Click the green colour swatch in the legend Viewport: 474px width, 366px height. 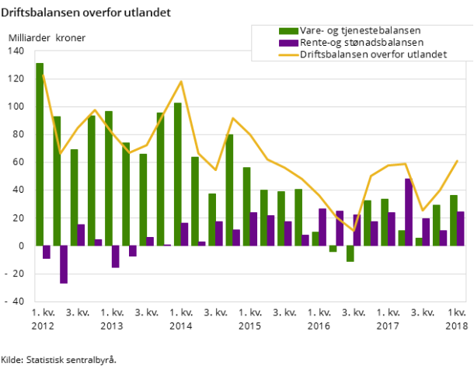click(x=288, y=31)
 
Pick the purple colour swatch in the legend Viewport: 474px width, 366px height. click(x=288, y=43)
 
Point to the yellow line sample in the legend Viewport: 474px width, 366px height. click(x=288, y=55)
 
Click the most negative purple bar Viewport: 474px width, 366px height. click(x=64, y=264)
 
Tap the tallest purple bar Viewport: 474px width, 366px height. click(x=408, y=212)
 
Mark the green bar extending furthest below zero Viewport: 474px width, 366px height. click(x=350, y=253)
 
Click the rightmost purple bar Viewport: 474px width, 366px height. click(x=460, y=228)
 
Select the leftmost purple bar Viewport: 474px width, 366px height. click(x=47, y=252)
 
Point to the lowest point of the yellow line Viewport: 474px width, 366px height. click(x=354, y=231)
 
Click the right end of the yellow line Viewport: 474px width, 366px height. click(x=457, y=161)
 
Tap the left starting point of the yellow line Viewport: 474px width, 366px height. click(x=43, y=75)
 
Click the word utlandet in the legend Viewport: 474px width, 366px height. click(x=427, y=54)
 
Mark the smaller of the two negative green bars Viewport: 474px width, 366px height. click(x=333, y=249)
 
